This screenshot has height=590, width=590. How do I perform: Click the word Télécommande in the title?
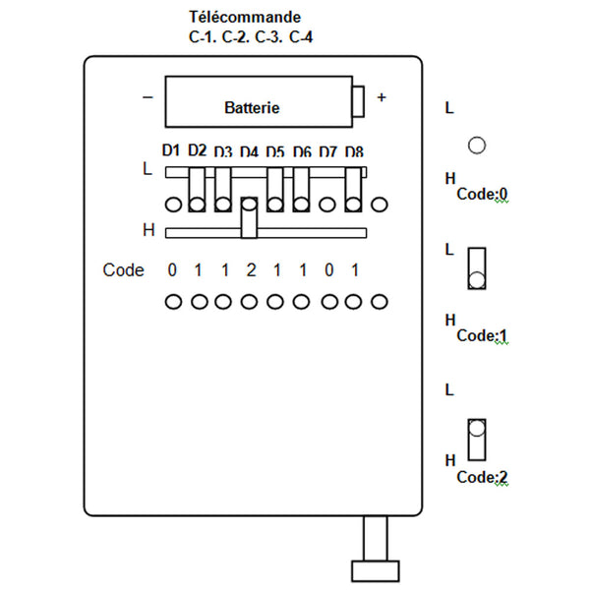tap(245, 17)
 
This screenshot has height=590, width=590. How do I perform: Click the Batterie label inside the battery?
tap(252, 108)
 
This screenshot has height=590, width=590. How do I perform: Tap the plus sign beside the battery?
tap(382, 97)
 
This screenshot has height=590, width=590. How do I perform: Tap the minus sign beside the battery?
tap(147, 97)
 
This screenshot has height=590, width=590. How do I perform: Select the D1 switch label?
tap(171, 150)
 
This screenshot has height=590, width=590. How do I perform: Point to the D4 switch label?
tap(249, 152)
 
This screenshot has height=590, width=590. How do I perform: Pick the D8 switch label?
tap(354, 152)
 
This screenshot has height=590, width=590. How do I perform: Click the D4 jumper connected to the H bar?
tap(249, 218)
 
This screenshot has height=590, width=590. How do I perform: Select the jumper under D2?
tap(197, 190)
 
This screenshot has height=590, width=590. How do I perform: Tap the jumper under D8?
tap(353, 190)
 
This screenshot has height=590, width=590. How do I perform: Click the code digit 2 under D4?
tap(251, 270)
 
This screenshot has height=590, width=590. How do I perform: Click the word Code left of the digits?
tap(124, 270)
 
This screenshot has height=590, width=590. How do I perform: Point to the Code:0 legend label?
tap(482, 194)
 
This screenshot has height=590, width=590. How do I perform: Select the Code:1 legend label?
tap(482, 335)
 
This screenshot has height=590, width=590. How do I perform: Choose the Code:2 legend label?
tap(482, 477)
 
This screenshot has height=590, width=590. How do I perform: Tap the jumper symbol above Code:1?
tap(477, 268)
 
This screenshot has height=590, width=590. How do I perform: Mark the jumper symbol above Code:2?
tap(477, 440)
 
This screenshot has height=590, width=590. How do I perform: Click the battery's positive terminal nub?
tap(358, 101)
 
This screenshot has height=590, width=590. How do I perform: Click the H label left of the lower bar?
tap(149, 230)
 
